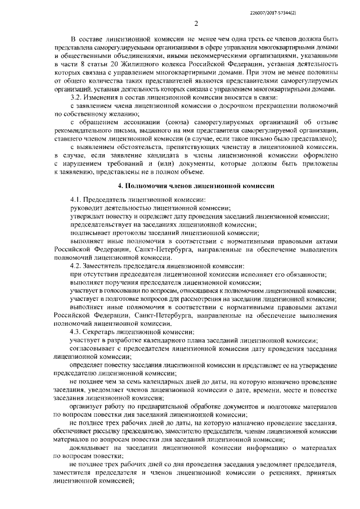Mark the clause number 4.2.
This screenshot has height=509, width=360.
(77, 265)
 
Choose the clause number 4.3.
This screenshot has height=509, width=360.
(77, 331)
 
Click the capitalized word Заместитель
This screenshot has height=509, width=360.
(110, 265)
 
